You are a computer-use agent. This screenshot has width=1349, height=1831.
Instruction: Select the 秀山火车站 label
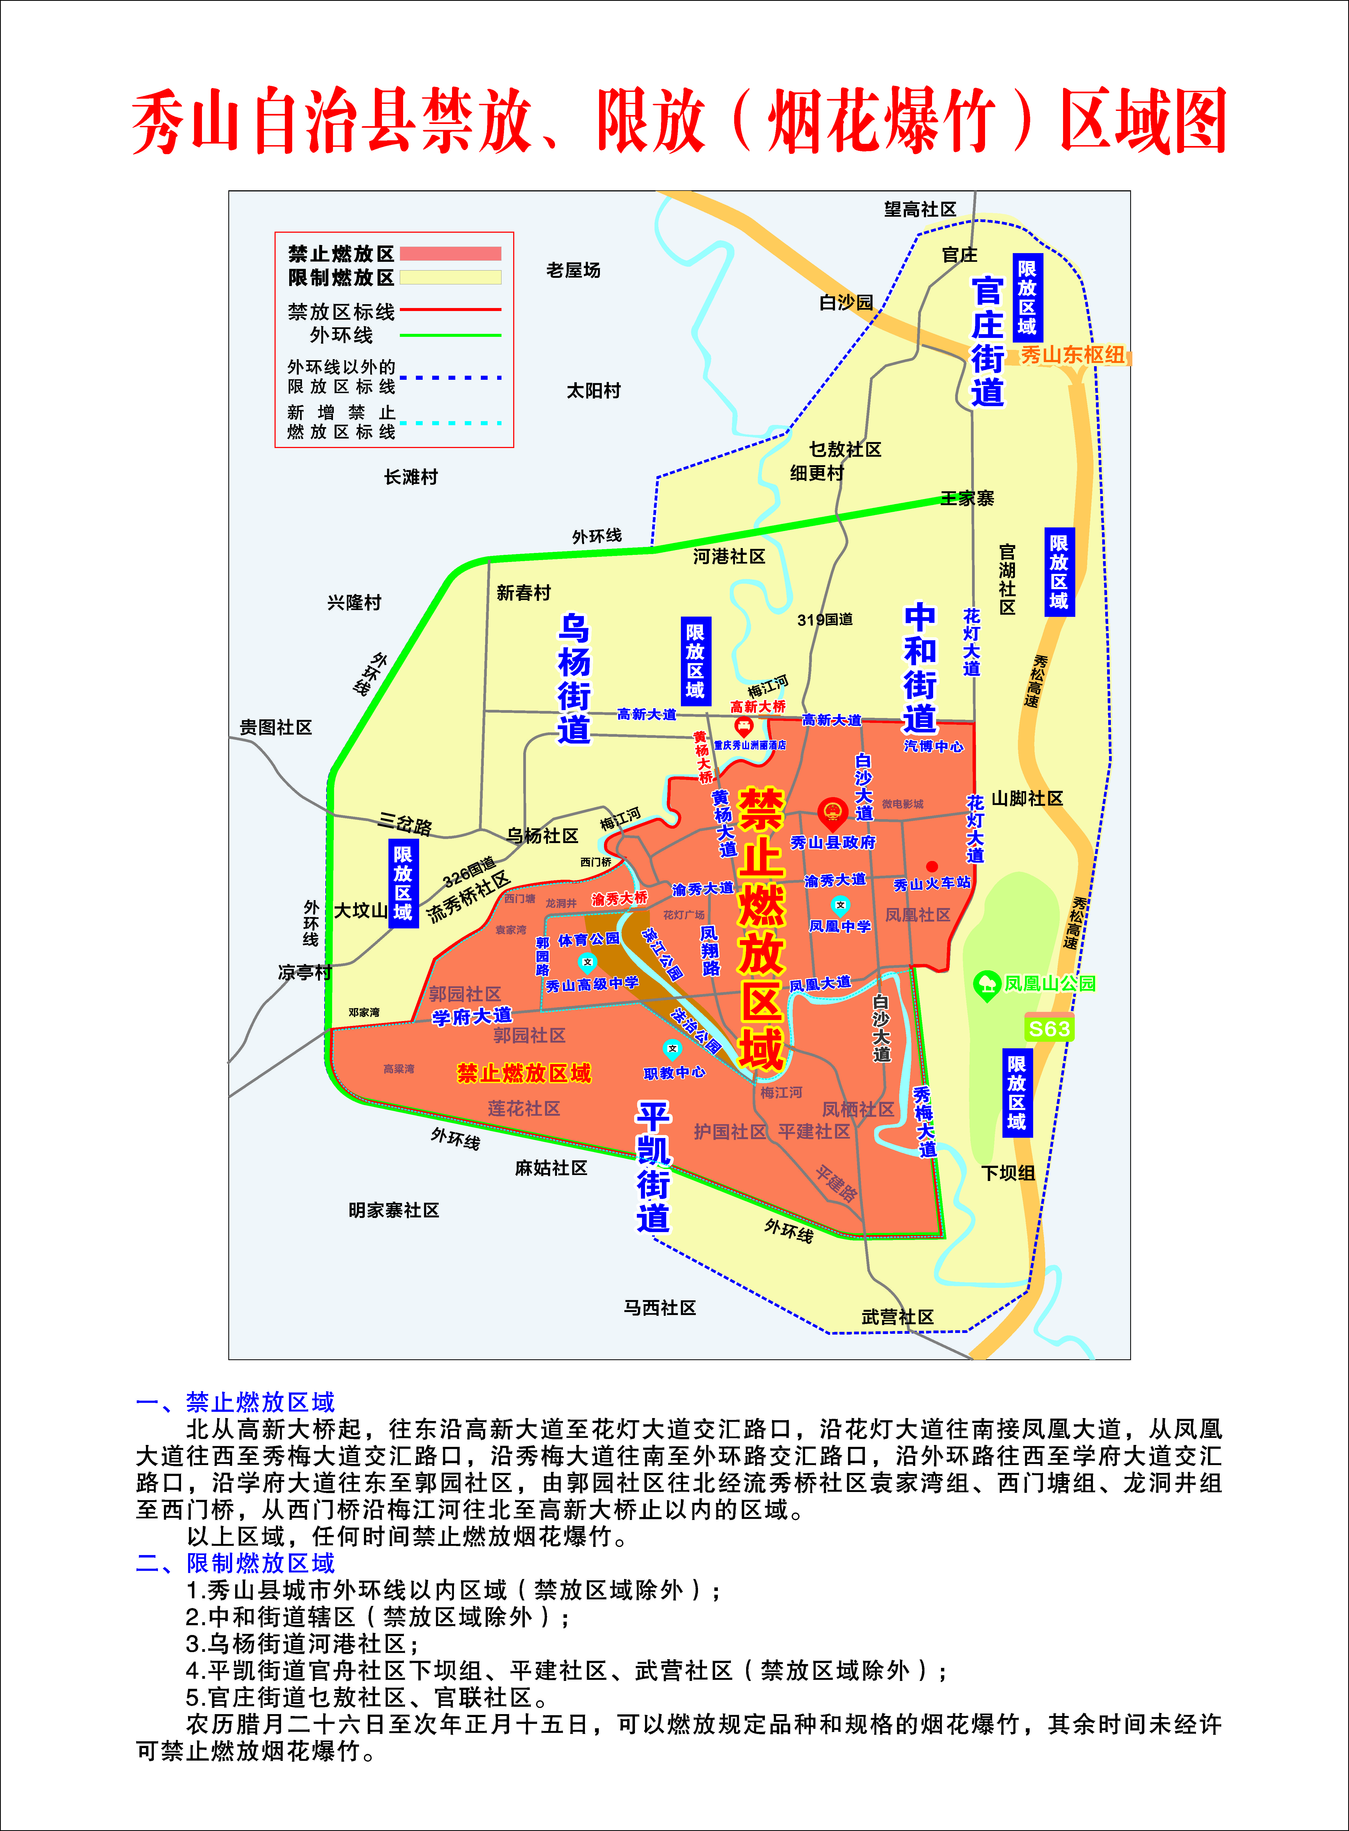coord(932,883)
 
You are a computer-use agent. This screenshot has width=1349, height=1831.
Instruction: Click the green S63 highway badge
coord(1048,1028)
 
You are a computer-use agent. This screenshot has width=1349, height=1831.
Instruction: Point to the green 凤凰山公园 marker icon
coord(987,985)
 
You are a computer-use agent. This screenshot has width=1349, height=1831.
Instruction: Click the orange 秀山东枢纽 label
coord(1072,355)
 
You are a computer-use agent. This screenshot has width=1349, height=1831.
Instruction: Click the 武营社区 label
coord(898,1316)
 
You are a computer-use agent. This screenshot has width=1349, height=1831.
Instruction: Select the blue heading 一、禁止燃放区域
coord(235,1402)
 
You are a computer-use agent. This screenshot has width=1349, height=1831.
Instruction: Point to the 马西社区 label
coord(660,1307)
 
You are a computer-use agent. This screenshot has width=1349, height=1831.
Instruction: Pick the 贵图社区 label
coord(276,727)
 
